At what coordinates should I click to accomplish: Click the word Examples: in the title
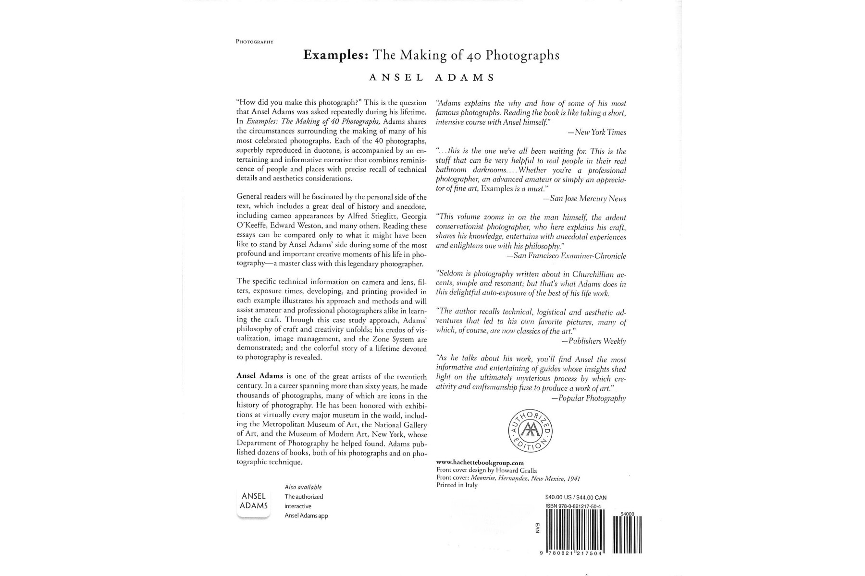[x=335, y=55]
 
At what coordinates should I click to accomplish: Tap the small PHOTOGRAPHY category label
[x=254, y=42]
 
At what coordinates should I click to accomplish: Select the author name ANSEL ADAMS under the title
[x=431, y=78]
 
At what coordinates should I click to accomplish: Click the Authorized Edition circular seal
[x=531, y=431]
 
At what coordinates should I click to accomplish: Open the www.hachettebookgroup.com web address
[x=480, y=463]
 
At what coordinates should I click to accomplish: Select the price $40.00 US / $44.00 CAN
[x=576, y=497]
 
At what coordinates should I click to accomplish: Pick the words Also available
[x=303, y=487]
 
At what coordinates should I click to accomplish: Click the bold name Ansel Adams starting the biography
[x=259, y=376]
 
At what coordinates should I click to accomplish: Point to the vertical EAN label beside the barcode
[x=537, y=527]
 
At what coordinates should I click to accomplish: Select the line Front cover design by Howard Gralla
[x=486, y=470]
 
